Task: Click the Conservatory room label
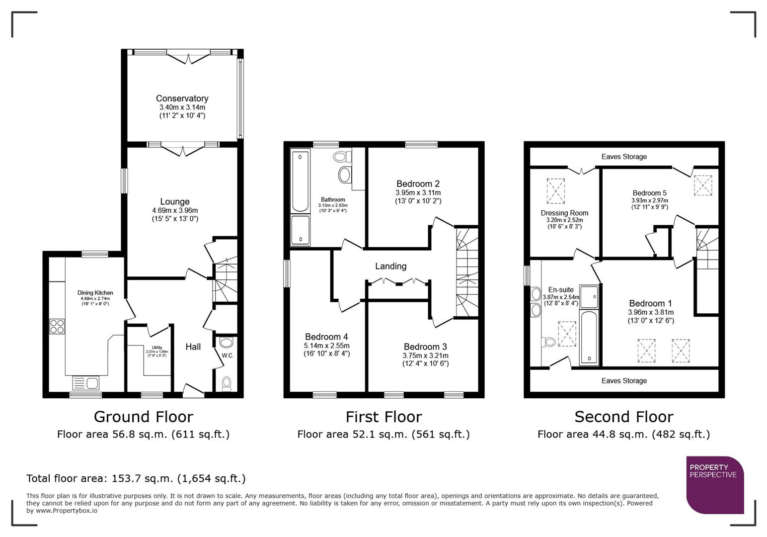click(x=182, y=98)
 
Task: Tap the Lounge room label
click(x=175, y=201)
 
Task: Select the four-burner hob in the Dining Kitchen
click(x=57, y=326)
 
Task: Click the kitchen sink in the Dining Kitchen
click(x=86, y=383)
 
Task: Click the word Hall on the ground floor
click(x=193, y=347)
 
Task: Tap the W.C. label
click(x=228, y=356)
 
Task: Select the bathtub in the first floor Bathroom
click(x=300, y=182)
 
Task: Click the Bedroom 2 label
click(x=418, y=183)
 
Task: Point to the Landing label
click(x=390, y=266)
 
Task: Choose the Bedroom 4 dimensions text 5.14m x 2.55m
click(x=326, y=346)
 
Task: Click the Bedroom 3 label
click(x=425, y=347)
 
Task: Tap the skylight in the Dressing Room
click(x=555, y=191)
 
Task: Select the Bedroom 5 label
click(x=649, y=193)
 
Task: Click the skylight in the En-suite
click(x=567, y=334)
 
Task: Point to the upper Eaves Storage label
click(x=624, y=157)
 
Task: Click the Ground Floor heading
click(x=143, y=417)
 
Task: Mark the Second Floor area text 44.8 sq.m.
click(x=623, y=434)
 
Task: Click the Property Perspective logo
click(x=714, y=484)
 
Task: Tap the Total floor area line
click(x=136, y=478)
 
